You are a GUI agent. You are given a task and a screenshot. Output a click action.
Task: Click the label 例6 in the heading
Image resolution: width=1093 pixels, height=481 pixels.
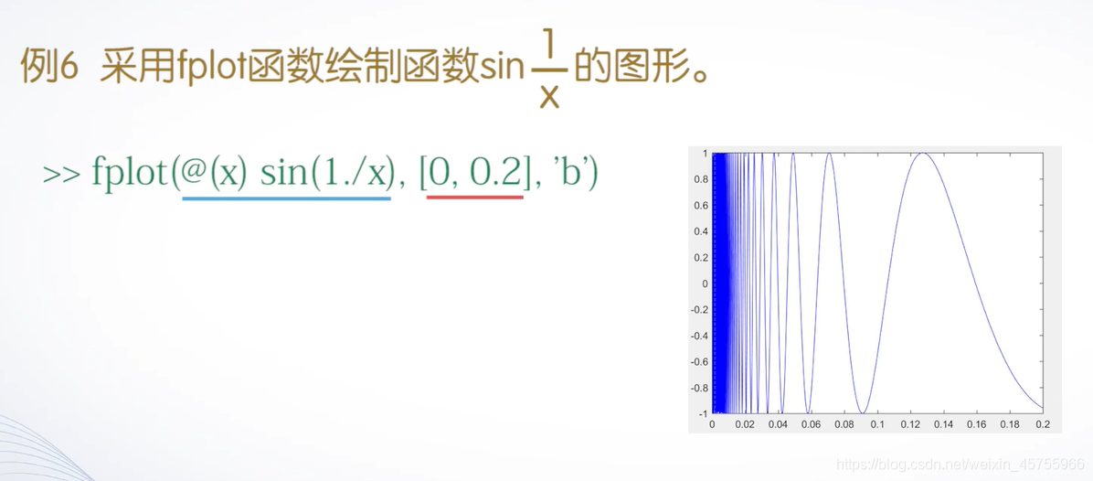click(x=47, y=68)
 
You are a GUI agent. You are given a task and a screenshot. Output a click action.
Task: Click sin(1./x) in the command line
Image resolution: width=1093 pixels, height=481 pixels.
click(x=325, y=172)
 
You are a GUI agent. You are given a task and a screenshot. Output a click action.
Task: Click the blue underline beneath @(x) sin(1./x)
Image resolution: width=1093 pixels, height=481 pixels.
click(x=286, y=198)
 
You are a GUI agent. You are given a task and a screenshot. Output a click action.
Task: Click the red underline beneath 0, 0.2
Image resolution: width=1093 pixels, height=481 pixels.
click(x=474, y=197)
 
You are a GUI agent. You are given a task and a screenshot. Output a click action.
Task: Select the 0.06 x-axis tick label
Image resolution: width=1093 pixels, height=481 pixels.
click(x=812, y=425)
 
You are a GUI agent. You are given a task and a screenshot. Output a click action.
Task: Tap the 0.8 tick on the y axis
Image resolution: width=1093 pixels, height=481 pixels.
click(x=699, y=179)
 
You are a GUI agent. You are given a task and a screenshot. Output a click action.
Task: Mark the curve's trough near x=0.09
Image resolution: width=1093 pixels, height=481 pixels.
click(x=861, y=412)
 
